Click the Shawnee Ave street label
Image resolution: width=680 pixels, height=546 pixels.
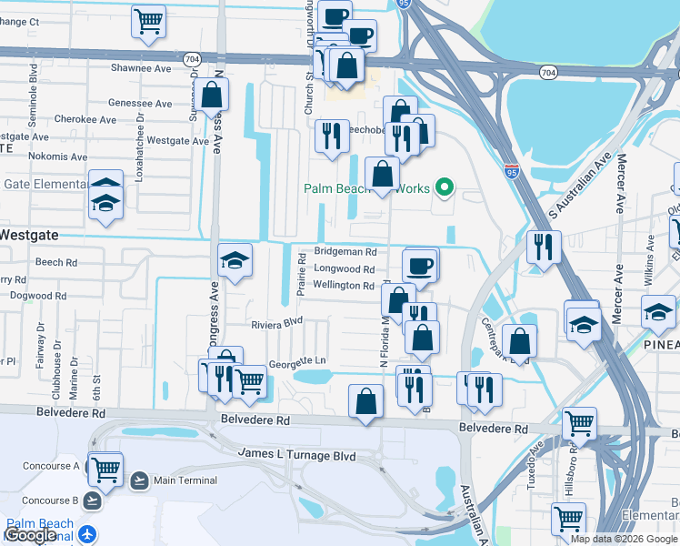(x=140, y=68)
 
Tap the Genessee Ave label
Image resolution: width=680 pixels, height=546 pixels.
(x=140, y=104)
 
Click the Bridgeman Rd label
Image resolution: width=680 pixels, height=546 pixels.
(x=345, y=251)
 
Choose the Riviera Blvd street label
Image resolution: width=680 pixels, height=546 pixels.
(x=276, y=323)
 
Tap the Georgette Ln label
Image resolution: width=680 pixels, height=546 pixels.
(x=296, y=361)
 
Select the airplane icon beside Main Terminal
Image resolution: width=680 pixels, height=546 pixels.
(x=139, y=480)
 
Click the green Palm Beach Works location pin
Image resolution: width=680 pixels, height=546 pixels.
(x=444, y=188)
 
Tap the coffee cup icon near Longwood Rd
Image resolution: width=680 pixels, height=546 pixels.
(x=420, y=265)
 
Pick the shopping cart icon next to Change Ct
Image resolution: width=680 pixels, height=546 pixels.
(x=148, y=20)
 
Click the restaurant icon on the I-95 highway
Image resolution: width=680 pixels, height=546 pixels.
(x=543, y=247)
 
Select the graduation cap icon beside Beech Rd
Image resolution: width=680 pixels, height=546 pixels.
(x=235, y=261)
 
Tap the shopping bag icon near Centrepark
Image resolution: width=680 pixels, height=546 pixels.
(x=519, y=342)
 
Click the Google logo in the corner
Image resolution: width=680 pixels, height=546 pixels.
(x=31, y=536)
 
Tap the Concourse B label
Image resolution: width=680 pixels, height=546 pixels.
(x=50, y=500)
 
